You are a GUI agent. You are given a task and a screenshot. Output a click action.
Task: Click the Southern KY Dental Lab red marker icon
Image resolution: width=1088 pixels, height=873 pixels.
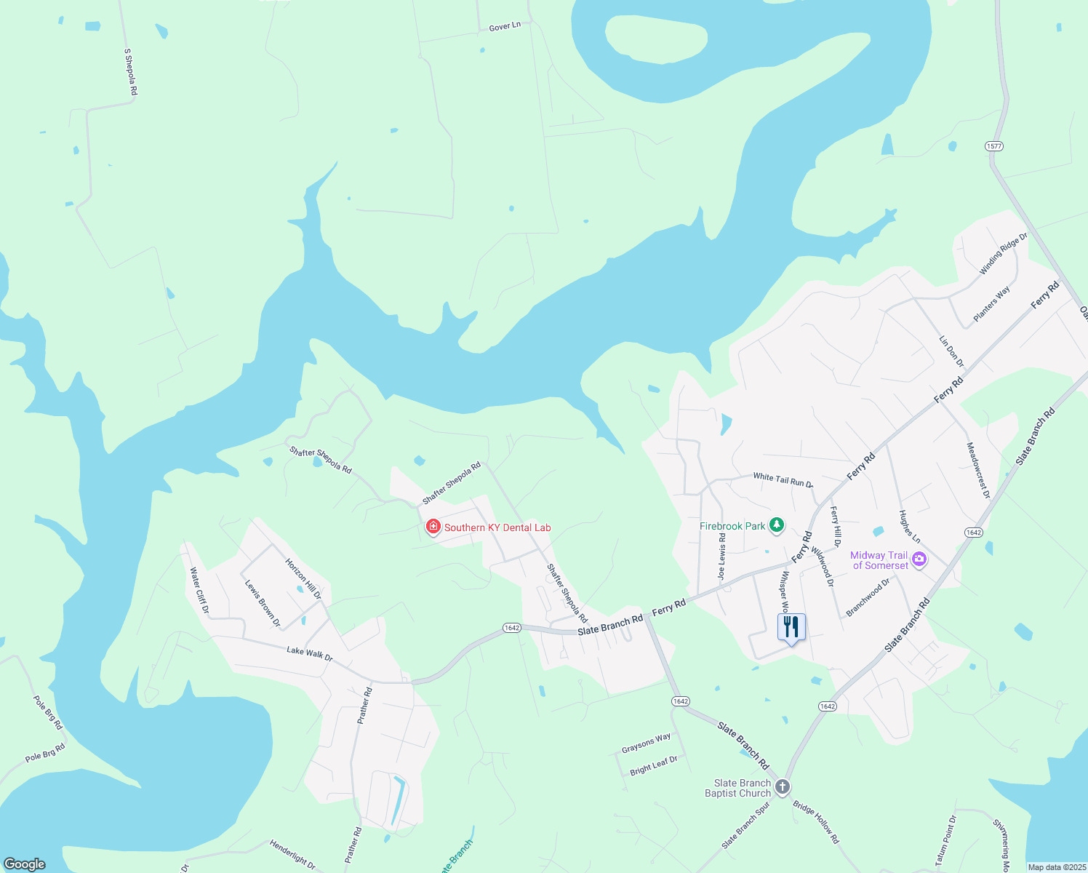pos(433,527)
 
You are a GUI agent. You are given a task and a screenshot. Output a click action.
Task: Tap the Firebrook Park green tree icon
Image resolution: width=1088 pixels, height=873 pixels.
pos(777,525)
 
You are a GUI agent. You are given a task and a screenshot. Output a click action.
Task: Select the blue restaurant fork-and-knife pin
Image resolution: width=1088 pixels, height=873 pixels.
pos(791,628)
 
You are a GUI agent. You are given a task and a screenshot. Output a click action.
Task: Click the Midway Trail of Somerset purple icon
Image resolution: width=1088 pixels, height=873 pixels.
pos(919,559)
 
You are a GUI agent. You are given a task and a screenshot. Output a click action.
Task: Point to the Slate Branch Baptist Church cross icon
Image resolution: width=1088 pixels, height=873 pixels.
pos(783,787)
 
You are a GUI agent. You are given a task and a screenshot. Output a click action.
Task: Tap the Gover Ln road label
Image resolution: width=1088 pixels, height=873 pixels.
pos(505,26)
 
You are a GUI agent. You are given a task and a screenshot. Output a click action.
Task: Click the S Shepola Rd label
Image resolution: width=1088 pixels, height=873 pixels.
pos(131,72)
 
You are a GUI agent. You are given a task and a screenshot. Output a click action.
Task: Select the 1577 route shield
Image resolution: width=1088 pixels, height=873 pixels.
pos(994,146)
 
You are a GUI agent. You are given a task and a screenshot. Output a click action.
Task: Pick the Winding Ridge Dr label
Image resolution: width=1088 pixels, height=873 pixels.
pos(1003,254)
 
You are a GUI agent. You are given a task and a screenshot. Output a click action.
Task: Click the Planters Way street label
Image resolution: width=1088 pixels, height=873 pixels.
pos(992,303)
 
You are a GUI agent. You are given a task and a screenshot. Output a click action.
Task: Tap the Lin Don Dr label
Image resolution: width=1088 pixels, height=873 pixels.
pos(951,351)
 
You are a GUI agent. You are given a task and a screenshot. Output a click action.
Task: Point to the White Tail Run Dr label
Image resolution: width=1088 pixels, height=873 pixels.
pos(783,479)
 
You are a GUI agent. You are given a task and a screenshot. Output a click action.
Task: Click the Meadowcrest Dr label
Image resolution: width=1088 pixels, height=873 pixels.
pos(978,470)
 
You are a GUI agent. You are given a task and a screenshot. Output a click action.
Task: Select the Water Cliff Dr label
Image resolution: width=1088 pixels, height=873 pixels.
pos(199,590)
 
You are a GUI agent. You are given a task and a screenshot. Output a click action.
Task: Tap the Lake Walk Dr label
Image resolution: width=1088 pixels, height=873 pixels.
pos(310,653)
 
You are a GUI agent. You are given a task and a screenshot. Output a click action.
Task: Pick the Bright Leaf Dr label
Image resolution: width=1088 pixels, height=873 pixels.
pos(654,765)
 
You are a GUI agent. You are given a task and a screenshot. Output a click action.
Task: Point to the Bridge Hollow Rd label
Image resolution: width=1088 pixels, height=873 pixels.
pos(816,822)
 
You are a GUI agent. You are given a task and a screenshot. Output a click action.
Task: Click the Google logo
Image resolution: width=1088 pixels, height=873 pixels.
pos(25,864)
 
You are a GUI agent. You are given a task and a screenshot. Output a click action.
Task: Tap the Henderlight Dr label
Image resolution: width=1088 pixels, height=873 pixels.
pos(292,855)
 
